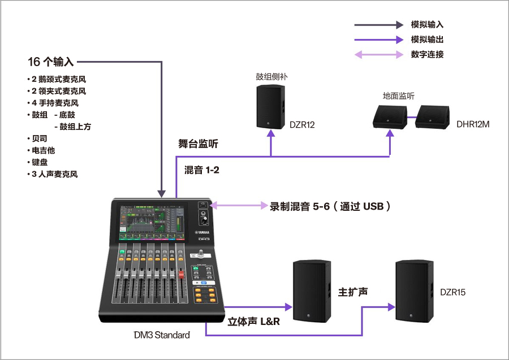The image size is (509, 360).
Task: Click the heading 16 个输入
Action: tap(51, 61)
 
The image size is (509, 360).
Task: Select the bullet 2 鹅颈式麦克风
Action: tap(58, 79)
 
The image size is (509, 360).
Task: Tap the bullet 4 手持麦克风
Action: tap(54, 103)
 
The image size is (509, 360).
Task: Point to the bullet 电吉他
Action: tap(43, 150)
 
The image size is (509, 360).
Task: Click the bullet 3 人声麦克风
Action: tap(54, 174)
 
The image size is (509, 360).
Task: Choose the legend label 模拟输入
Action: tap(427, 25)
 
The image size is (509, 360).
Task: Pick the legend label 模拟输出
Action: tap(427, 40)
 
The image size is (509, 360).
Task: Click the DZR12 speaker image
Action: tap(270, 107)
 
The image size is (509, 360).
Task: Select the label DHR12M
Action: tap(473, 124)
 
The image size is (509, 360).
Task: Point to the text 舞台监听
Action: tap(198, 144)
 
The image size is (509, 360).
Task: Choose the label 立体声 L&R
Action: tap(253, 322)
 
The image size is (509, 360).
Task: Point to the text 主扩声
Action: tap(353, 292)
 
